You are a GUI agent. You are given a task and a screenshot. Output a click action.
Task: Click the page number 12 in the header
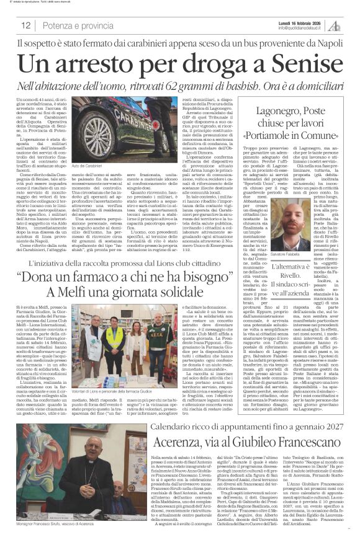[27, 25]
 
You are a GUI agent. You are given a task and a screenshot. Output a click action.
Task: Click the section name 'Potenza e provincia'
[69, 25]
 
